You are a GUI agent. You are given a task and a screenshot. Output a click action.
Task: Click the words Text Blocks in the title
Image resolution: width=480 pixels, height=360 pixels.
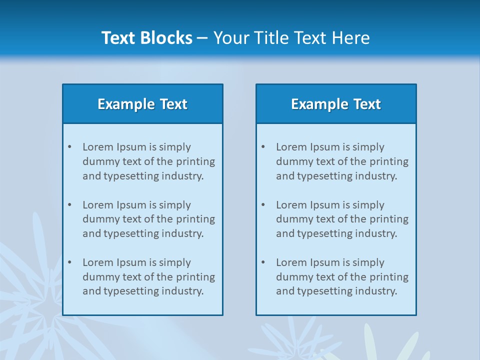tap(146, 38)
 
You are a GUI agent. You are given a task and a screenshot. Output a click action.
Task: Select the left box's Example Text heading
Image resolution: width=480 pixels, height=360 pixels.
tap(142, 104)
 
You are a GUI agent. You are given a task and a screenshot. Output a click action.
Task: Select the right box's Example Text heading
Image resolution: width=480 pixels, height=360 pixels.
tap(336, 104)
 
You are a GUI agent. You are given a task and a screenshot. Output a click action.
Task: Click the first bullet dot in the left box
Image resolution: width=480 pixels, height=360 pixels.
tap(69, 147)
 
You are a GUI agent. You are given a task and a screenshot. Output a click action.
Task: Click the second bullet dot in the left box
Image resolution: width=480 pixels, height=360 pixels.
tap(69, 205)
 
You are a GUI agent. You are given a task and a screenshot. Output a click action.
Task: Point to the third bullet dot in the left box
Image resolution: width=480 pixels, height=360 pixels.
tap(69, 262)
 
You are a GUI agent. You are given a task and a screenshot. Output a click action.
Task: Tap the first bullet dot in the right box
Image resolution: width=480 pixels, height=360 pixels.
tap(263, 147)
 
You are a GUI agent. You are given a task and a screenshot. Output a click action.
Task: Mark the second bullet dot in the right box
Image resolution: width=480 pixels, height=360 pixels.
tap(263, 205)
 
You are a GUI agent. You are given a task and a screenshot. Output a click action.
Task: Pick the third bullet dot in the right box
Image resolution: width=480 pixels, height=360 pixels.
tap(263, 262)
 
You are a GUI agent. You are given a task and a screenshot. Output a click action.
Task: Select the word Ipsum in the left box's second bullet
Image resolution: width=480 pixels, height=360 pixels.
tap(131, 205)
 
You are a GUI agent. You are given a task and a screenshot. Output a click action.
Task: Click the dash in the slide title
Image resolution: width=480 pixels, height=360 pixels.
tap(202, 38)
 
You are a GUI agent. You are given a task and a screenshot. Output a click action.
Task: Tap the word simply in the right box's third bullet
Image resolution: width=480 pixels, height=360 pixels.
tap(368, 262)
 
